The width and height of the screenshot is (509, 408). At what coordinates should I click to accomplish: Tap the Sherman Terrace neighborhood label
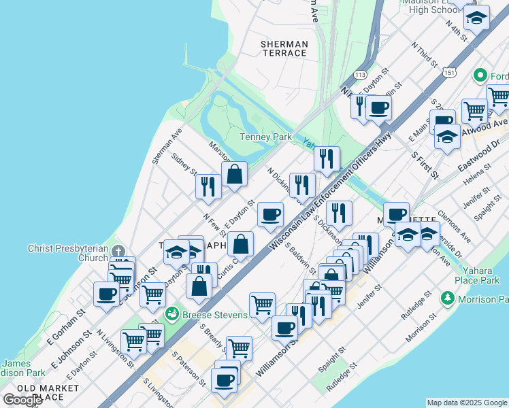pyautogui.click(x=284, y=48)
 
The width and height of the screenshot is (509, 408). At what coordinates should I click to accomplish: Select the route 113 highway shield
pyautogui.click(x=361, y=74)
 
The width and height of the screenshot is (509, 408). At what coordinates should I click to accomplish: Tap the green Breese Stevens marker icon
pyautogui.click(x=173, y=313)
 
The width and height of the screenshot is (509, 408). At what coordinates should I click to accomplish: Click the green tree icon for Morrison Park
pyautogui.click(x=447, y=298)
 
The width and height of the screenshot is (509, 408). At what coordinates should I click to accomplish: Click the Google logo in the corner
pyautogui.click(x=22, y=400)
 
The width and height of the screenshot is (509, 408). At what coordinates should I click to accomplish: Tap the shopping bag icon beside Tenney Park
pyautogui.click(x=234, y=173)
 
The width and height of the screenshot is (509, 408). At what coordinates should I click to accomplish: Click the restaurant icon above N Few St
pyautogui.click(x=208, y=186)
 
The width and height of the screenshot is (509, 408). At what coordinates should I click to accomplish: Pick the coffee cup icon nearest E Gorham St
pyautogui.click(x=106, y=294)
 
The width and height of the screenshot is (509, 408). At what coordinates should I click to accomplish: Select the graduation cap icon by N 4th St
pyautogui.click(x=477, y=18)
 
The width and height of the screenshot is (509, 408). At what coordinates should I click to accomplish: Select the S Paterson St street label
pyautogui.click(x=188, y=369)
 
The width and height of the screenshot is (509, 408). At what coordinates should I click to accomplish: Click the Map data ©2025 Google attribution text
pyautogui.click(x=467, y=403)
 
